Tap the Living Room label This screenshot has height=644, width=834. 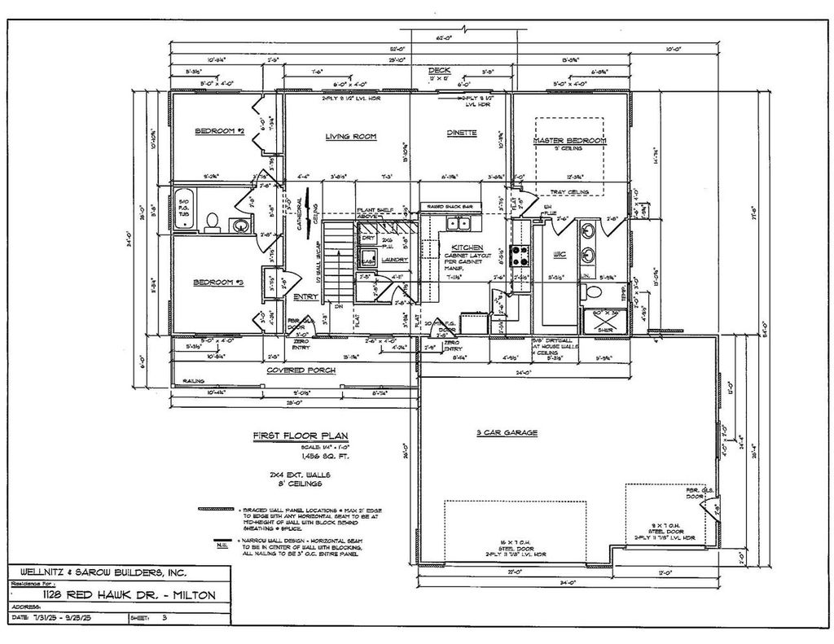coord(350,137)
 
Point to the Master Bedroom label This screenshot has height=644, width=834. coord(570,141)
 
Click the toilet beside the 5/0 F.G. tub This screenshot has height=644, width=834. coord(212,221)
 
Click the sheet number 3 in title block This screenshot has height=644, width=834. coord(166,619)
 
